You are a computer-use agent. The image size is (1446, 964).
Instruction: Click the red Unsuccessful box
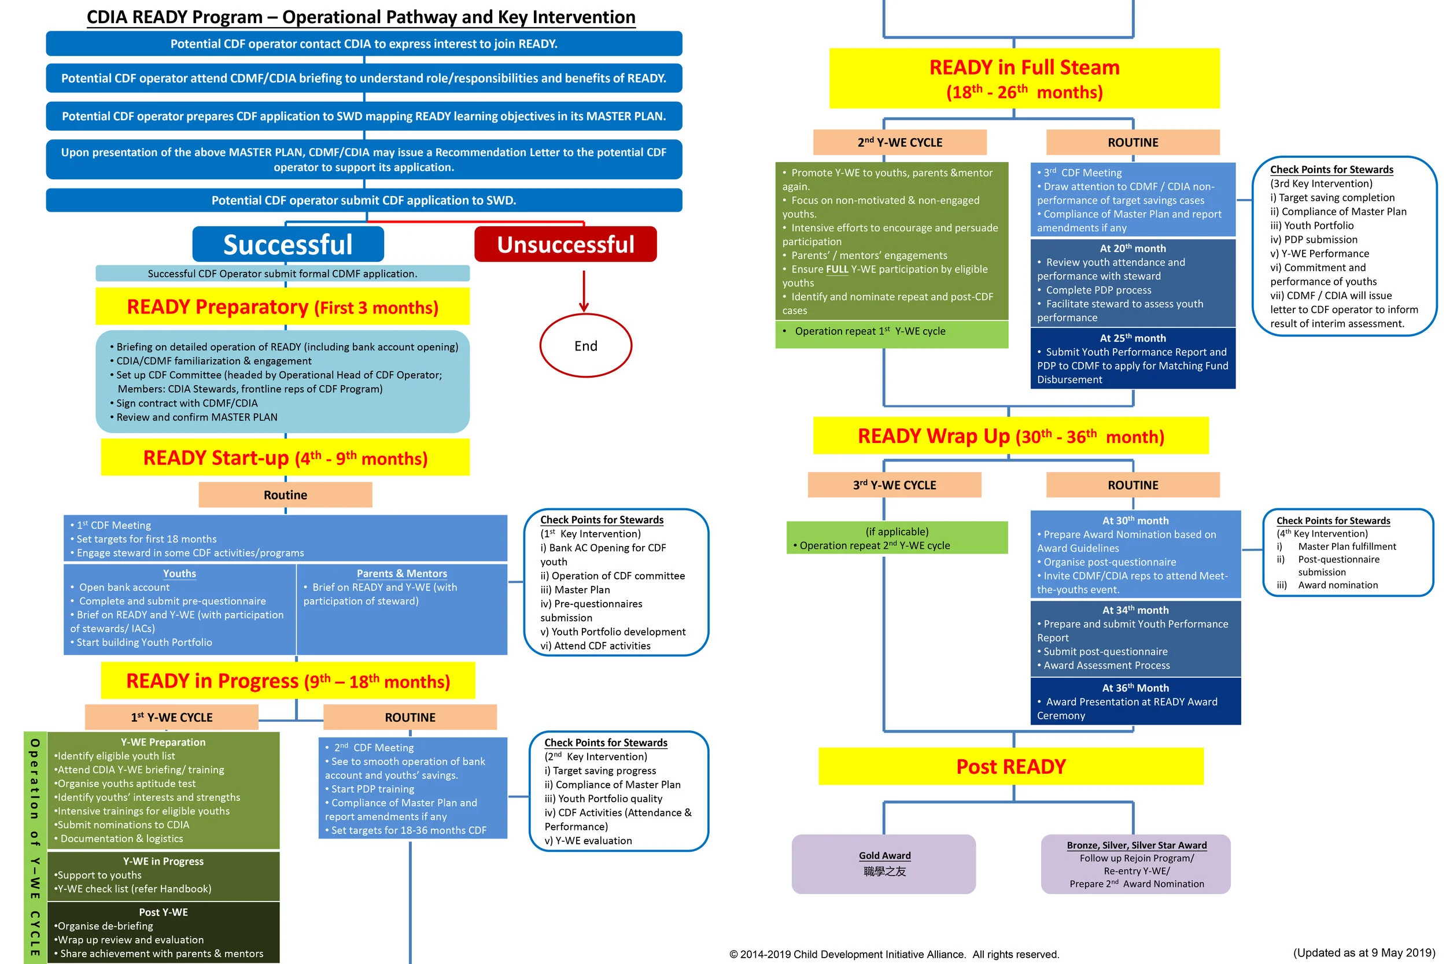(x=565, y=244)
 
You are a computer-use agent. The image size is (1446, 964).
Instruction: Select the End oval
(x=585, y=346)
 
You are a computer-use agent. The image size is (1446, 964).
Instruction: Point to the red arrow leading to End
(x=584, y=292)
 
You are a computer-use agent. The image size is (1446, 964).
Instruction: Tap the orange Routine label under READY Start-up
(x=285, y=495)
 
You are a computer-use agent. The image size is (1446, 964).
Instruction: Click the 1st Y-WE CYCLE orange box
(x=172, y=718)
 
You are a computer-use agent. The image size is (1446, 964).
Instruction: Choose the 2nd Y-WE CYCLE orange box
(x=899, y=143)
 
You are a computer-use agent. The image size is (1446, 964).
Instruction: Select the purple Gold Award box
(x=883, y=864)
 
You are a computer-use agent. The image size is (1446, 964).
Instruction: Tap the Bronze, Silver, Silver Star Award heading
(x=1136, y=845)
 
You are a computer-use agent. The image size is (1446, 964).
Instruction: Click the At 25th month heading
(x=1133, y=338)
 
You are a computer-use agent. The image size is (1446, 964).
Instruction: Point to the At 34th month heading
(x=1135, y=610)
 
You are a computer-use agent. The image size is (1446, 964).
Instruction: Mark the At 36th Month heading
(x=1135, y=688)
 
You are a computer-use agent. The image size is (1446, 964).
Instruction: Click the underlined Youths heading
(x=179, y=574)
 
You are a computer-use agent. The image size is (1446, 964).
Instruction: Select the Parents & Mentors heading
(x=401, y=574)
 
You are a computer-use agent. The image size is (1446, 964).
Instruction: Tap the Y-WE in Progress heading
(x=163, y=861)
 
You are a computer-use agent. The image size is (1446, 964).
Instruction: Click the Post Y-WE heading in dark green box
(x=163, y=913)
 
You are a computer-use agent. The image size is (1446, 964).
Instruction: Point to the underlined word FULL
(x=837, y=269)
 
